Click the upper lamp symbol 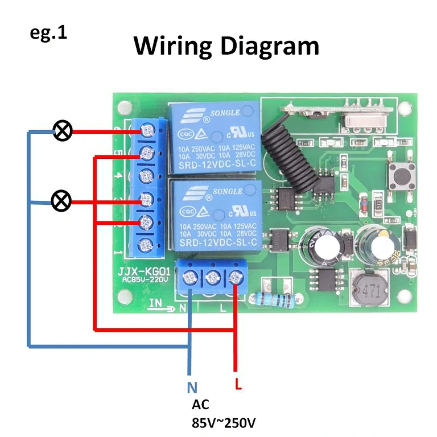point(63,131)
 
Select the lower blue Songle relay point(213,216)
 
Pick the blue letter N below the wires point(192,388)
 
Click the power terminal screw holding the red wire point(234,278)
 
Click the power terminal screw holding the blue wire point(189,278)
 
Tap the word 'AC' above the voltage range point(200,405)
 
